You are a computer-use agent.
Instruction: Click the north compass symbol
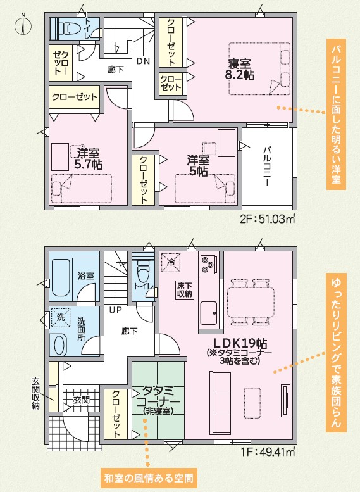click(23, 25)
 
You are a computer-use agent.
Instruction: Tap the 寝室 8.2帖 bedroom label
click(240, 70)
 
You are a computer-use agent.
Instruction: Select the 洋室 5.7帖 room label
click(89, 158)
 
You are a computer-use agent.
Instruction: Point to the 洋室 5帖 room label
click(198, 166)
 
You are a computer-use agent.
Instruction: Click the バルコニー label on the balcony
click(266, 166)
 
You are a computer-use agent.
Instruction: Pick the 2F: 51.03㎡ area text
click(268, 218)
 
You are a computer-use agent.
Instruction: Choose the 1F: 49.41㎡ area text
click(268, 452)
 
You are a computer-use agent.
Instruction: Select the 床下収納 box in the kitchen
click(184, 290)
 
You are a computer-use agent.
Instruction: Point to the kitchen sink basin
click(209, 313)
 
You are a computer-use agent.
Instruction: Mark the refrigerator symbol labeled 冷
click(171, 263)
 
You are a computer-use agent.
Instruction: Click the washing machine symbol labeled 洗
click(61, 317)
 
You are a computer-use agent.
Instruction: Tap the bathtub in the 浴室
click(61, 278)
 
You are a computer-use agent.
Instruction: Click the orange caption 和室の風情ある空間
click(149, 479)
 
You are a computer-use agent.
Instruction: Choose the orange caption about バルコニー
click(336, 114)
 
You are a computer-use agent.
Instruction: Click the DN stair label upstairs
click(144, 61)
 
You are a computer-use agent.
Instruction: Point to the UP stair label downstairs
click(115, 310)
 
